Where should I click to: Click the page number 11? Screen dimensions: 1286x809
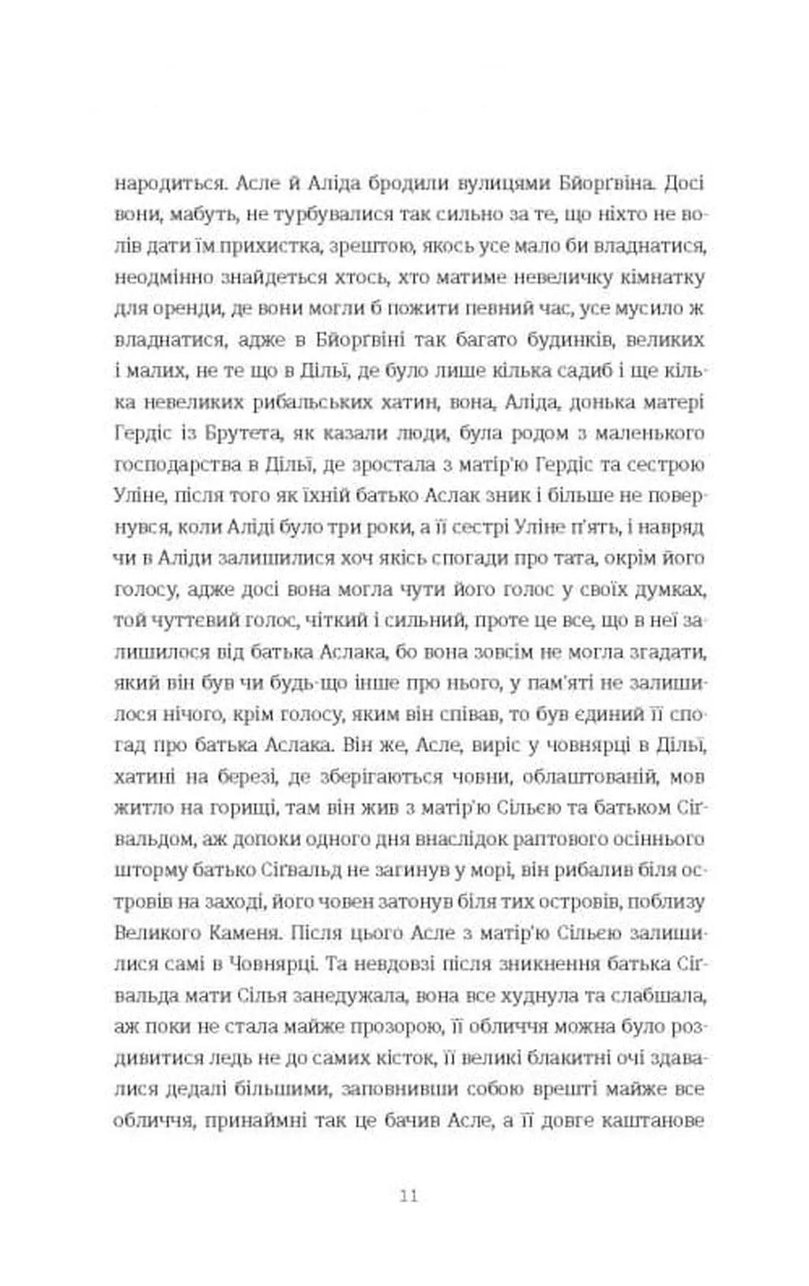tap(408, 1194)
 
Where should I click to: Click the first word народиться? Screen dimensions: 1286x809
tap(163, 183)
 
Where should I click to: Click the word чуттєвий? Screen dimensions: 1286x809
tap(195, 621)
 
